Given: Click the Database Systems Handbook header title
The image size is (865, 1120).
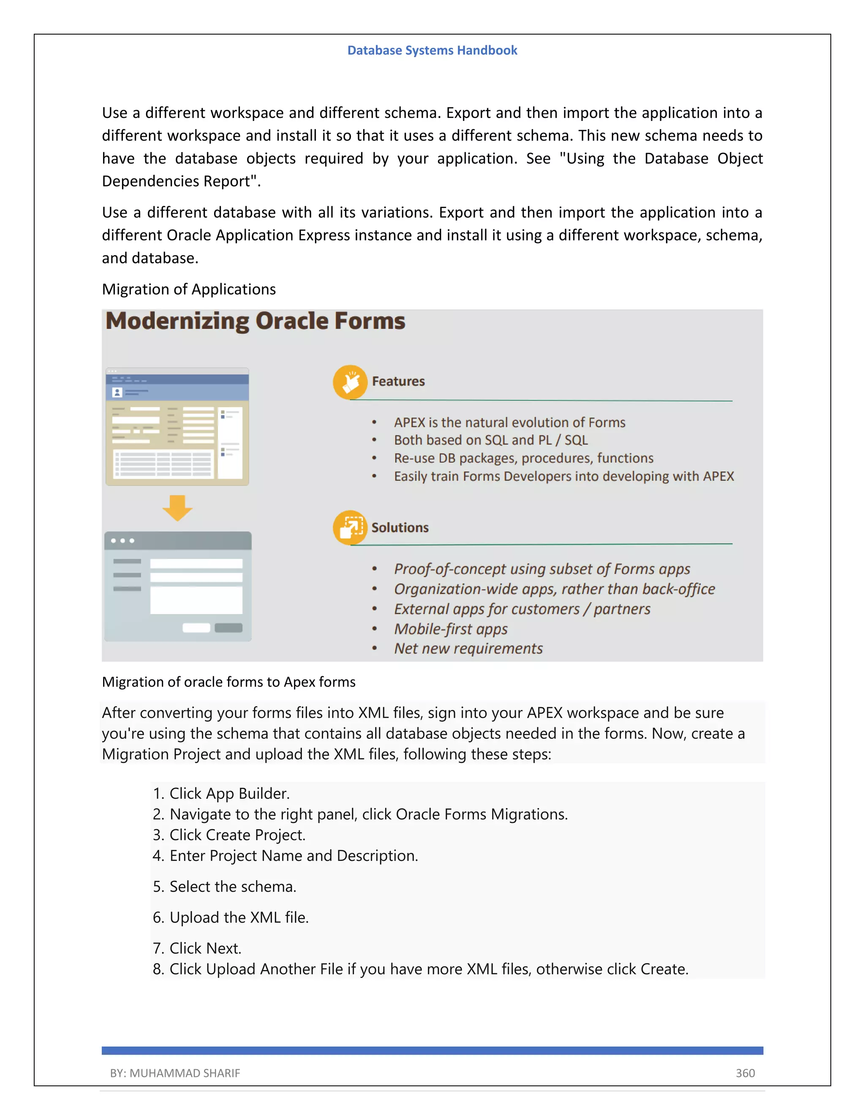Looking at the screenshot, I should pyautogui.click(x=432, y=50).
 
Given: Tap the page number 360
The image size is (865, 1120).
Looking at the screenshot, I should pyautogui.click(x=745, y=1073).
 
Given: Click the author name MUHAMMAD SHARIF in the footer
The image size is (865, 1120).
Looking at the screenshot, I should pyautogui.click(x=185, y=1073).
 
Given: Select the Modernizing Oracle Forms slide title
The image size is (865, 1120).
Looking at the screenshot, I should pyautogui.click(x=255, y=321).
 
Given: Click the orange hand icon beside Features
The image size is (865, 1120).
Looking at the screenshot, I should pyautogui.click(x=350, y=382).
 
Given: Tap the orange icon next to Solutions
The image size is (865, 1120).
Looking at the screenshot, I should pyautogui.click(x=350, y=527).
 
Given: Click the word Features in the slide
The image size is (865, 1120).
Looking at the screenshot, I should pyautogui.click(x=398, y=382).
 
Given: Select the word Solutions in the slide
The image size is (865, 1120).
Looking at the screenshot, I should pyautogui.click(x=400, y=528).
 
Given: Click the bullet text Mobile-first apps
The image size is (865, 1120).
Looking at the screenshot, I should pyautogui.click(x=450, y=629).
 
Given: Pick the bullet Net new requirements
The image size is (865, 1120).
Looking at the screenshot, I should pyautogui.click(x=468, y=649).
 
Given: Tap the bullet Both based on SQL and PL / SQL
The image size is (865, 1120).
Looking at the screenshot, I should pyautogui.click(x=490, y=440).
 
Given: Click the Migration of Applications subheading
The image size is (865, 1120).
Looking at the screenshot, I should pyautogui.click(x=188, y=289).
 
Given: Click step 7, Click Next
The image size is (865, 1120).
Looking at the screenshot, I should pyautogui.click(x=205, y=948).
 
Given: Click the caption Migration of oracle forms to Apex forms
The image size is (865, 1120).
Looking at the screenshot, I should pyautogui.click(x=228, y=682).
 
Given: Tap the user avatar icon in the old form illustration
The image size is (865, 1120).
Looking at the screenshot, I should pyautogui.click(x=117, y=392).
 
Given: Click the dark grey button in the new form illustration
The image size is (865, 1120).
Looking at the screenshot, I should pyautogui.click(x=228, y=628).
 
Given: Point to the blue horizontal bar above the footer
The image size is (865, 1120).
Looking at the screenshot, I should pyautogui.click(x=432, y=1050).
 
